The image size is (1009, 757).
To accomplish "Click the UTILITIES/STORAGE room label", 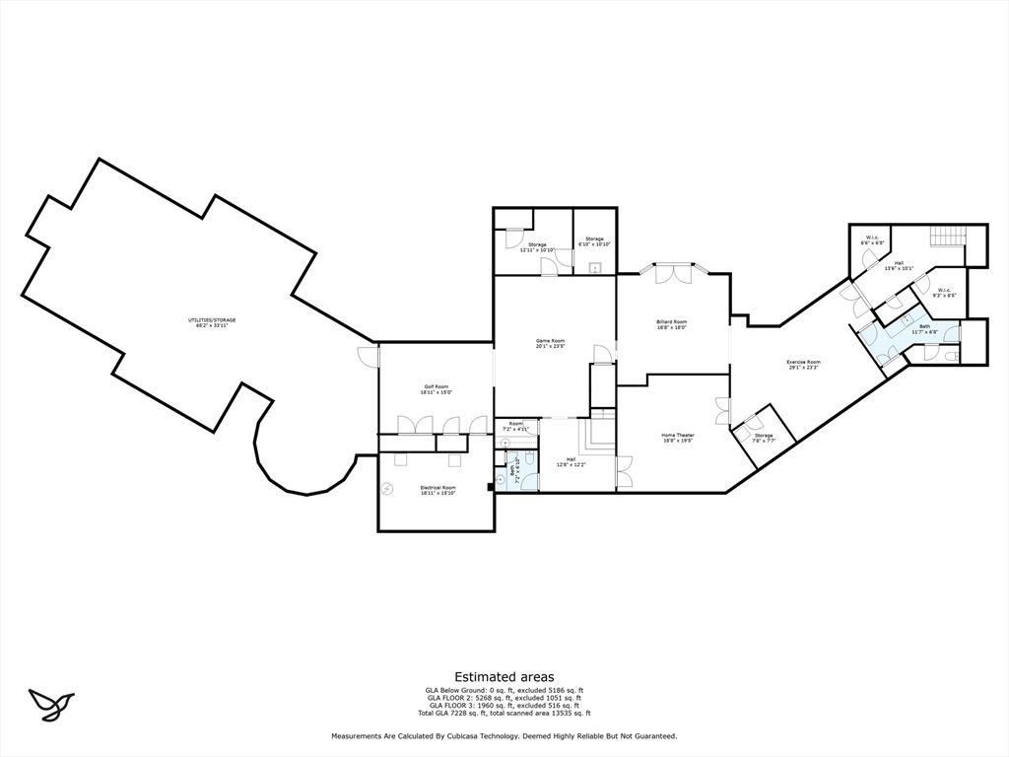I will click(212, 322).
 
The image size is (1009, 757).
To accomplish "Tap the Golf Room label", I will click(437, 389).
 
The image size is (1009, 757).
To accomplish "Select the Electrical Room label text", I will click(437, 490).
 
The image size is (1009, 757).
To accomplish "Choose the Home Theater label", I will click(677, 438).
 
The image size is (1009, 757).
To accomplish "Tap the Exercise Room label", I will click(803, 365).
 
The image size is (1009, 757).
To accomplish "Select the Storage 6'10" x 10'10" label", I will click(594, 241).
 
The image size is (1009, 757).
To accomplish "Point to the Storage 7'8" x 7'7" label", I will click(764, 439).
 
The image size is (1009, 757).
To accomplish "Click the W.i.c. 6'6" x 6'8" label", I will click(875, 240).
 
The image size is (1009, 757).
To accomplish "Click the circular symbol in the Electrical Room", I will click(388, 489).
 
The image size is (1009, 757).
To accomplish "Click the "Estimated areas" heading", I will click(504, 676).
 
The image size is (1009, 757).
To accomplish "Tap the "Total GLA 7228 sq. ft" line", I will click(504, 713).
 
